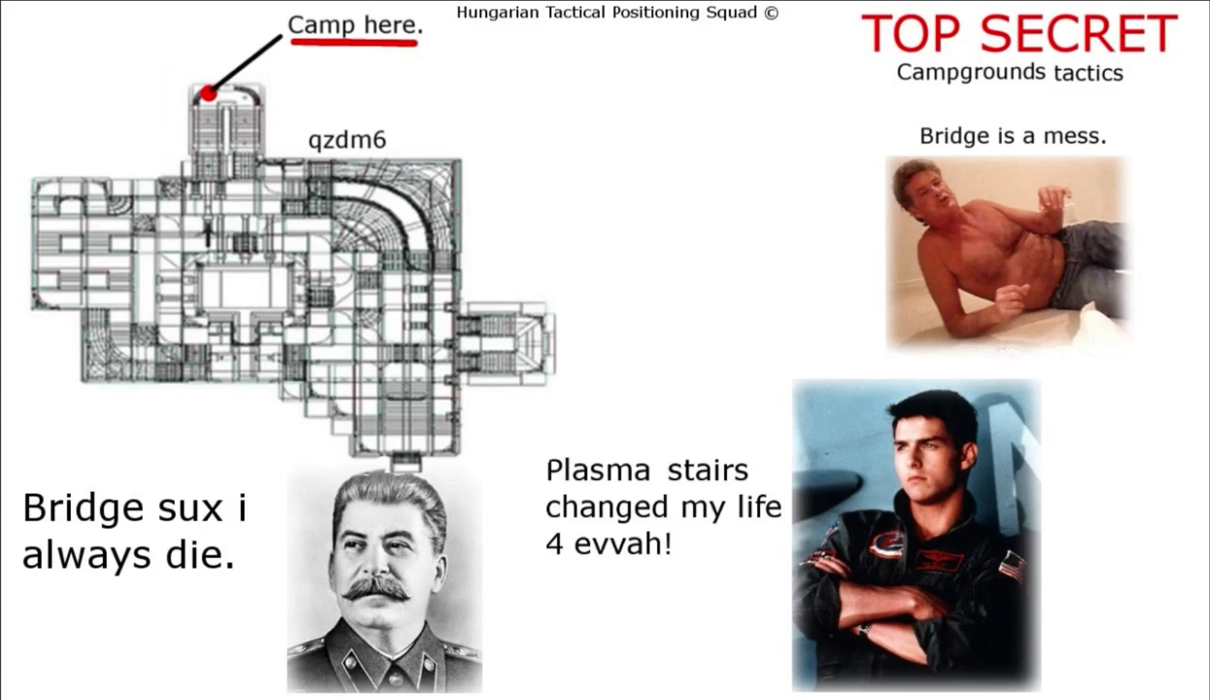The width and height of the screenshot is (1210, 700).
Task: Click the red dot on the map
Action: (x=209, y=94)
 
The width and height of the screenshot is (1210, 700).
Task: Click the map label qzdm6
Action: (x=347, y=141)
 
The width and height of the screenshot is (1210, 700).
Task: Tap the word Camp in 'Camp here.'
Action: (x=322, y=26)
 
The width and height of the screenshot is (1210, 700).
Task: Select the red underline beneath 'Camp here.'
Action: (x=354, y=42)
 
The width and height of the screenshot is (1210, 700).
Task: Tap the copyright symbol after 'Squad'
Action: (x=771, y=12)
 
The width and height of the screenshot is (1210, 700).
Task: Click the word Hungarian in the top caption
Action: (x=498, y=12)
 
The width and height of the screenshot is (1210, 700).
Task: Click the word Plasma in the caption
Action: (x=598, y=470)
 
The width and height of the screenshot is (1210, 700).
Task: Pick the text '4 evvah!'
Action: (x=609, y=544)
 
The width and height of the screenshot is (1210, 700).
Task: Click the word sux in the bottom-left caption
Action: (x=190, y=508)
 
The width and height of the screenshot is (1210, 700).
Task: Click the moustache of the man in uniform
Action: (x=376, y=589)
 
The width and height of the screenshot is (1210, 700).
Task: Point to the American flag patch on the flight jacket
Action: (x=1011, y=565)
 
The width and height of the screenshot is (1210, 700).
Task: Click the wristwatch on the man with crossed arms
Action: (x=864, y=629)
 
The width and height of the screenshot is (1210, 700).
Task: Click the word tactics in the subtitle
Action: (x=1089, y=73)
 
